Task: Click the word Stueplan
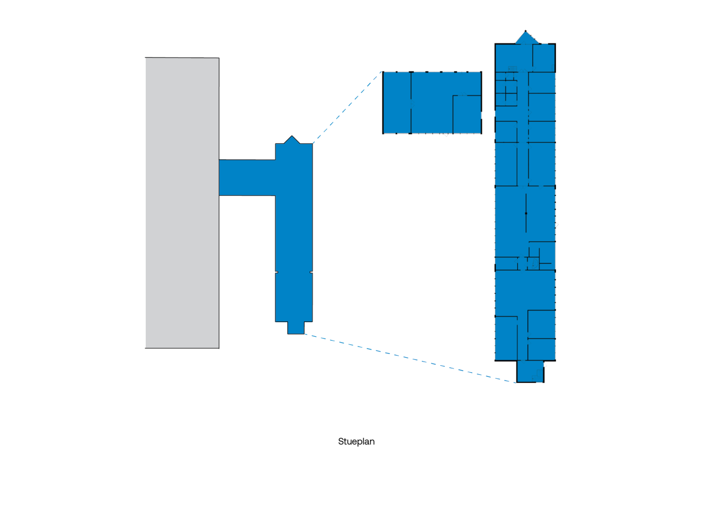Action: pyautogui.click(x=356, y=441)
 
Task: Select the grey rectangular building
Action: pyautogui.click(x=182, y=203)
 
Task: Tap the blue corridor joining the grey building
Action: pyautogui.click(x=247, y=178)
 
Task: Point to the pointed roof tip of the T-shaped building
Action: pyautogui.click(x=292, y=136)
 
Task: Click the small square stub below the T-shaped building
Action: pyautogui.click(x=296, y=328)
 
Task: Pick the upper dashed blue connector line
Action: pyautogui.click(x=347, y=107)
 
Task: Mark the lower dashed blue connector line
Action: pyautogui.click(x=410, y=358)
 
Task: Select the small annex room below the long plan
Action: pyautogui.click(x=530, y=371)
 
